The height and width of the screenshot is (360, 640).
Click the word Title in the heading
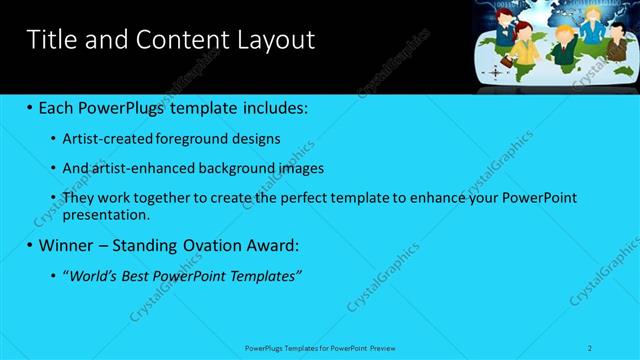click(x=48, y=40)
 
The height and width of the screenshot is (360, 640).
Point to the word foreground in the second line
click(x=197, y=139)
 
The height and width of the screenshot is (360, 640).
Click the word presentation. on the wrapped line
click(x=106, y=214)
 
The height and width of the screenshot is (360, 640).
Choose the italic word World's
click(x=95, y=275)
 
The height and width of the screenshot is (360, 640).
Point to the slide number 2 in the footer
click(x=591, y=347)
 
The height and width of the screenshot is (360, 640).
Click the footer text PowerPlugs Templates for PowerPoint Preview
click(x=320, y=347)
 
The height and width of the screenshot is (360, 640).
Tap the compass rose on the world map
click(x=496, y=72)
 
